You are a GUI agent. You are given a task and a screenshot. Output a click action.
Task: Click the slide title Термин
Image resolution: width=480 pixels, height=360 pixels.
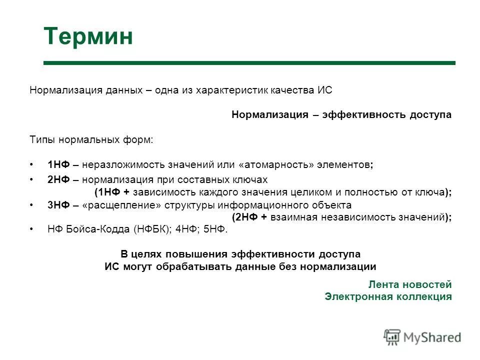[x=88, y=37]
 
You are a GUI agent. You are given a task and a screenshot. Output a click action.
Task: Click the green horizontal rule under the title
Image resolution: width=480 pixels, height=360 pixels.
[x=249, y=63]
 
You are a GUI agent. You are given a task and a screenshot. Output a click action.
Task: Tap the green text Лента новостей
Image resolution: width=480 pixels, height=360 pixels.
[x=409, y=284]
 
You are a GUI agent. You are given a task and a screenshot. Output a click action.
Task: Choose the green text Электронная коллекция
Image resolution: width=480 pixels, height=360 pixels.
[x=388, y=296]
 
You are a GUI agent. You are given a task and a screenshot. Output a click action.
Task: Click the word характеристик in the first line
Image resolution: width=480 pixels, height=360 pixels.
[x=230, y=90]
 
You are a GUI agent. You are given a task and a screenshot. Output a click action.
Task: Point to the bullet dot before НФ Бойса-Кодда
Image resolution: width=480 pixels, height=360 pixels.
[x=31, y=229]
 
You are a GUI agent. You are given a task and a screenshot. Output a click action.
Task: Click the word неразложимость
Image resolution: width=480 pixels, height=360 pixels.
[x=118, y=164]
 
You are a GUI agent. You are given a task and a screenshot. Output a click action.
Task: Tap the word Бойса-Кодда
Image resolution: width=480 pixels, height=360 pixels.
[x=97, y=229]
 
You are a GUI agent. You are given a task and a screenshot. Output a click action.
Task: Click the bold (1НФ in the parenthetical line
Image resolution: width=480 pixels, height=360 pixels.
[x=106, y=192]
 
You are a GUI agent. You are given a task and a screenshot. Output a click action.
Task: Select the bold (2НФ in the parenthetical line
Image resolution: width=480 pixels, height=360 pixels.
[x=245, y=217]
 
